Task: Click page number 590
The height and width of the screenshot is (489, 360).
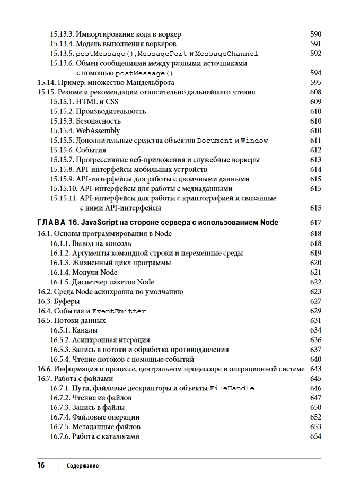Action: point(315,34)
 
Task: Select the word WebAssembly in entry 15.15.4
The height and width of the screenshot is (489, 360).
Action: point(98,131)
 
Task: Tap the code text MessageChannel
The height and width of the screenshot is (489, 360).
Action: point(227,54)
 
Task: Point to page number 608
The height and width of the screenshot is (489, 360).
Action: point(315,92)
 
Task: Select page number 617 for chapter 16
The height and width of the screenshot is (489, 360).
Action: point(315,223)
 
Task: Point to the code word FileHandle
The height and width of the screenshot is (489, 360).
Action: point(232,389)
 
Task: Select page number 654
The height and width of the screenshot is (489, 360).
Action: point(315,436)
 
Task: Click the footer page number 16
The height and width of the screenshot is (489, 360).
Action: point(41,466)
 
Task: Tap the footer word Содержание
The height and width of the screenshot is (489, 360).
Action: point(83,466)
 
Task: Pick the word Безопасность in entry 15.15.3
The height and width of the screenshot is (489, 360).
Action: point(98,121)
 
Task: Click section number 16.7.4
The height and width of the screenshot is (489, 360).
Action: point(62,417)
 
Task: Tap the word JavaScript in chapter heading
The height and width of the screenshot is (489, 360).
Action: point(108,223)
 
